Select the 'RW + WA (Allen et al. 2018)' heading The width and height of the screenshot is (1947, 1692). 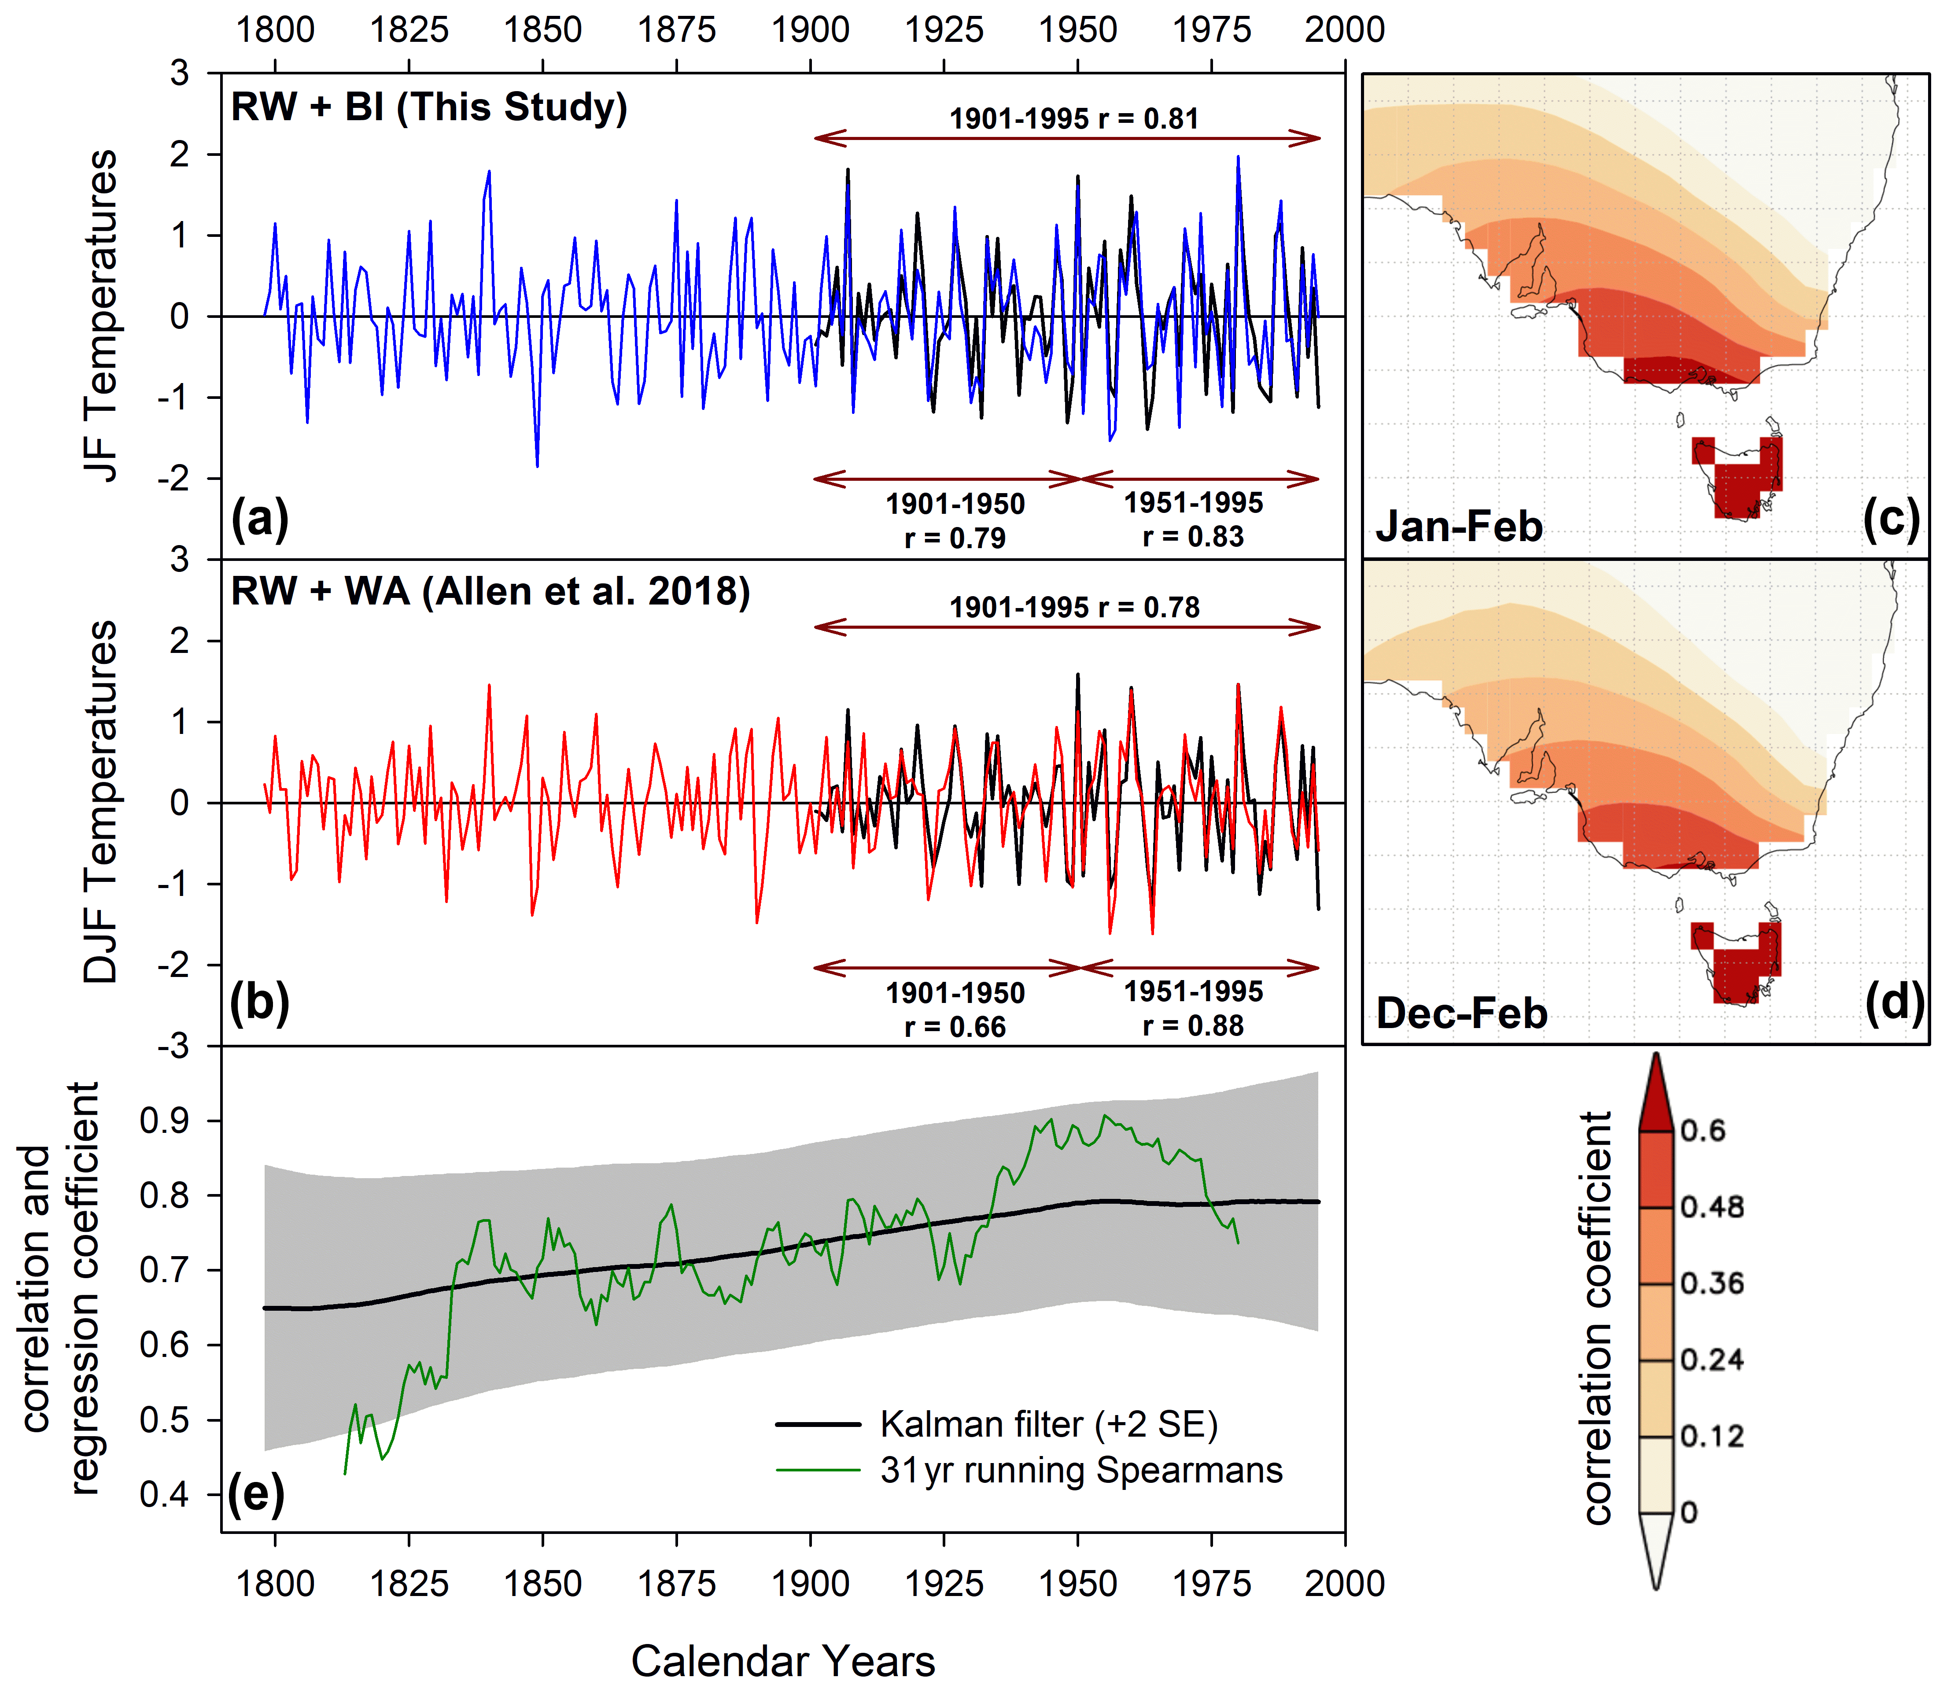click(x=490, y=592)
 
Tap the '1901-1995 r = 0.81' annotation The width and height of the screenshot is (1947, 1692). click(x=1073, y=119)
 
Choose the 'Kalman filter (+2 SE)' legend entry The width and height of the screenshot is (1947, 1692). click(x=1048, y=1424)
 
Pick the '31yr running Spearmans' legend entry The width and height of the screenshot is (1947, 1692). click(x=1081, y=1470)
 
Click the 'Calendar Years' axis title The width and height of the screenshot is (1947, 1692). click(x=783, y=1660)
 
